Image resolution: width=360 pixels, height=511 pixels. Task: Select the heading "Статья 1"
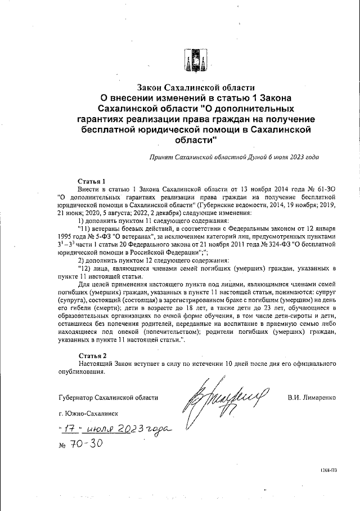pyautogui.click(x=91, y=181)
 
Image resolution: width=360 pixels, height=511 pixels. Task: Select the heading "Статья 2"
pyautogui.click(x=91, y=356)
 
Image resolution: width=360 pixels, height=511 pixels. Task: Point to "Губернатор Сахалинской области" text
pyautogui.click(x=108, y=397)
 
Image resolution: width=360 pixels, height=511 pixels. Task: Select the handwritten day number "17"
pyautogui.click(x=69, y=429)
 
